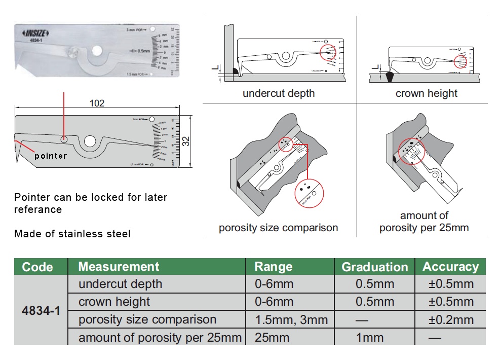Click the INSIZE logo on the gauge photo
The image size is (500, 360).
click(x=35, y=33)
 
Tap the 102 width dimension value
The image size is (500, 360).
click(x=97, y=103)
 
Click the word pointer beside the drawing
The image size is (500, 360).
click(x=51, y=156)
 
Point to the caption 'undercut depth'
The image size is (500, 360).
click(x=279, y=93)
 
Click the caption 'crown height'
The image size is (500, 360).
click(x=426, y=93)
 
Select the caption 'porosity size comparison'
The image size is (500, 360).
click(x=278, y=228)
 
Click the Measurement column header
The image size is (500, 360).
click(x=119, y=267)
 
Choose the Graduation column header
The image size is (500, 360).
click(x=374, y=267)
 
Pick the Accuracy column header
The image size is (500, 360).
click(x=450, y=267)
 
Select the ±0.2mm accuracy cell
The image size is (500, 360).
click(x=451, y=320)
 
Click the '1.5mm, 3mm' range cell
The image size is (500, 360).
click(x=291, y=320)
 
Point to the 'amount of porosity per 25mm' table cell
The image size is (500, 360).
click(x=160, y=338)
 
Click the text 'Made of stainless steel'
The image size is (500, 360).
click(x=72, y=234)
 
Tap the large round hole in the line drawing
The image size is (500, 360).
click(x=90, y=141)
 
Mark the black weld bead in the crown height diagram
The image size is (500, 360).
click(x=389, y=77)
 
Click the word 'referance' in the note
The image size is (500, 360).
click(x=38, y=209)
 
